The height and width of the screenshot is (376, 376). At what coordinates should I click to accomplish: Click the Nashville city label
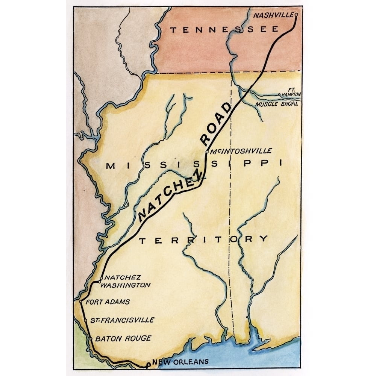coord(272,15)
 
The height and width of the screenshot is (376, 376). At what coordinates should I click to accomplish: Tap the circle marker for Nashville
coord(296,15)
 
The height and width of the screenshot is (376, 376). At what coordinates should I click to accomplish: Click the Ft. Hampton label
coord(290,93)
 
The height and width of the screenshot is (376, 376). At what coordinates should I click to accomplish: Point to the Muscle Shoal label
coord(276,104)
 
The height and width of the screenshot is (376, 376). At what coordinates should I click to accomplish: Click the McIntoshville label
coord(241,151)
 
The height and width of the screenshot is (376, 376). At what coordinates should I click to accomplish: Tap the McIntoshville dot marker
coord(207,152)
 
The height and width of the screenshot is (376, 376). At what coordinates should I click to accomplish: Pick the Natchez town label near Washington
coord(117,277)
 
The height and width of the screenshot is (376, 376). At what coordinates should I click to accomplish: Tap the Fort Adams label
coord(108,302)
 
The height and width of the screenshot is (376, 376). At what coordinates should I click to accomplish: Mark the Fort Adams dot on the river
coord(81,301)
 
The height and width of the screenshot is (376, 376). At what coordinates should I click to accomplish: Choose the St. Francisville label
coord(122,320)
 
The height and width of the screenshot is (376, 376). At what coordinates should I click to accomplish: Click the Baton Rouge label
coord(123,338)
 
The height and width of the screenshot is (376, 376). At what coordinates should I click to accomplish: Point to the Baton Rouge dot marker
coord(91,339)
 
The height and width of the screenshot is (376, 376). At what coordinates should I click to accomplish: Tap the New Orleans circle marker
coord(148,364)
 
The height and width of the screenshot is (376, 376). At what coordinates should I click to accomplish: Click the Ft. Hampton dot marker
coord(279,95)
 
